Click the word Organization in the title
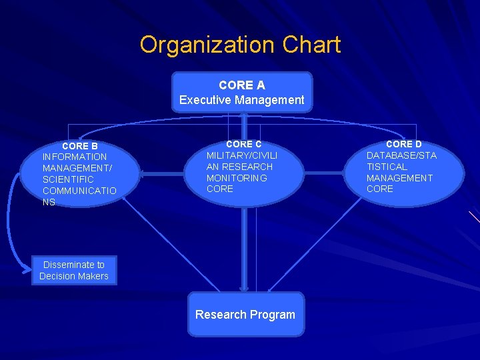(x=207, y=45)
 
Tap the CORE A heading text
(x=241, y=85)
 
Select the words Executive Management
(x=241, y=101)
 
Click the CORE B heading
(x=79, y=145)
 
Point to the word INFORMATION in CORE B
(x=74, y=157)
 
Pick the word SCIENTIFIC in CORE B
(x=68, y=179)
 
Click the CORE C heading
(x=243, y=144)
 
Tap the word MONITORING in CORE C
(x=237, y=178)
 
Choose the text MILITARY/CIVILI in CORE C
(x=241, y=155)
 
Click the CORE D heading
(x=403, y=144)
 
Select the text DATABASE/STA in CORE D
(x=401, y=155)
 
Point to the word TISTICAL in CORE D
(x=387, y=167)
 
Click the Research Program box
(x=245, y=315)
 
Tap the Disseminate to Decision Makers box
(x=73, y=271)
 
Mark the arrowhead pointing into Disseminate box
(x=28, y=269)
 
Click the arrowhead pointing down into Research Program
(x=244, y=289)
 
